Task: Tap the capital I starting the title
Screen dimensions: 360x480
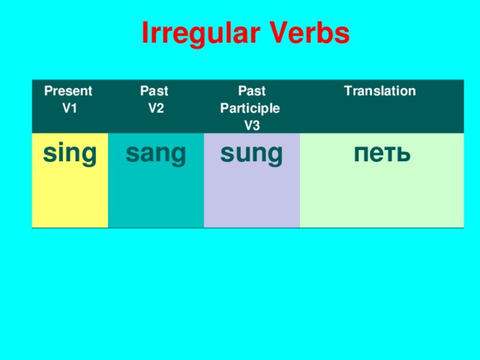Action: (145, 34)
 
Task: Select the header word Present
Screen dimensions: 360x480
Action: (68, 91)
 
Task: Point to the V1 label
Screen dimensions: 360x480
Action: (70, 107)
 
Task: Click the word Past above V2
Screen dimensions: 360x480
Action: (154, 91)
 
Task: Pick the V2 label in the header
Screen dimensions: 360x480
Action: (157, 107)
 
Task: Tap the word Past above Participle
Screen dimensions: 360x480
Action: (250, 91)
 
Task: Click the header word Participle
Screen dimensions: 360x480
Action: (250, 108)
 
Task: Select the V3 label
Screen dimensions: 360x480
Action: (252, 124)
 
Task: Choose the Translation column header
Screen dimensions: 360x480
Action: (379, 91)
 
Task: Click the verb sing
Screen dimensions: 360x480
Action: (70, 153)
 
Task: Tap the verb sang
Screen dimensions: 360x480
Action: (156, 153)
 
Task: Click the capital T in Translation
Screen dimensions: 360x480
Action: (346, 91)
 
